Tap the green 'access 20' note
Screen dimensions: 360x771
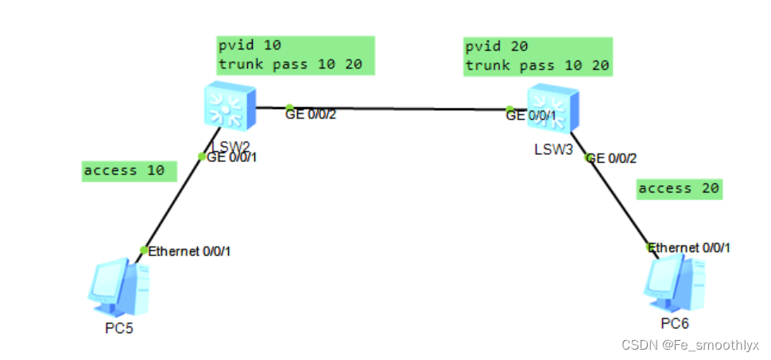click(679, 188)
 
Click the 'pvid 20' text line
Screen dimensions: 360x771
click(496, 47)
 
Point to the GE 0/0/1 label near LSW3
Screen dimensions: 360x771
click(537, 116)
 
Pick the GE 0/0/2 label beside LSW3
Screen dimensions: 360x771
click(612, 158)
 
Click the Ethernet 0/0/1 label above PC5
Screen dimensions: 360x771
click(190, 251)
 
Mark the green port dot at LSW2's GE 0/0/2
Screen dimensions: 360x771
click(290, 107)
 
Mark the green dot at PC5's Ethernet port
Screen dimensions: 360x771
click(144, 250)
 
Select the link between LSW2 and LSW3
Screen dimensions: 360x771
click(397, 109)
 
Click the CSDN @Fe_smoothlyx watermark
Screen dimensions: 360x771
click(690, 345)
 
